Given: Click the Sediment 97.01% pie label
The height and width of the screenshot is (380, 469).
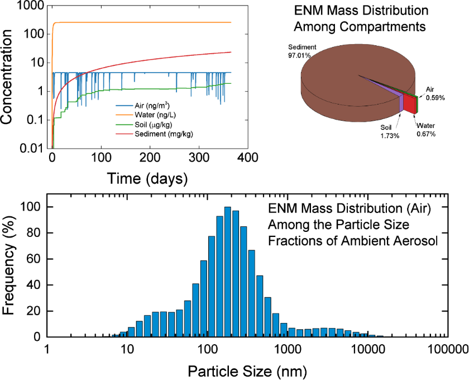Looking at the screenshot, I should click(302, 51).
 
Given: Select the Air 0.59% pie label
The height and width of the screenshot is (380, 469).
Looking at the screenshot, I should click(435, 93).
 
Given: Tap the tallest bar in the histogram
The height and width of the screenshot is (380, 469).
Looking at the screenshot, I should click(228, 272).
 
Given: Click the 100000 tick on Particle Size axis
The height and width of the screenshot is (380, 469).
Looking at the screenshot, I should click(447, 350).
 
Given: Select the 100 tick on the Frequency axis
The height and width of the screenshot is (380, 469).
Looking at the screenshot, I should click(34, 207).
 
